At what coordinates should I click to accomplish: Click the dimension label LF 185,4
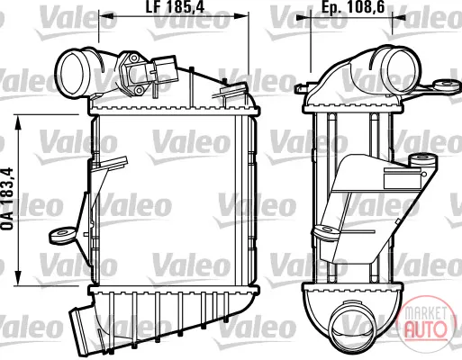(x=175, y=6)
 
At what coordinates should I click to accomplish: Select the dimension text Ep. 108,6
(x=353, y=6)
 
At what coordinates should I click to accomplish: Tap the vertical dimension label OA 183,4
(x=7, y=199)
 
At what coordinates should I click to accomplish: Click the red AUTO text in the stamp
(x=424, y=328)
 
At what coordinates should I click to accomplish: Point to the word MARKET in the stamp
(x=425, y=313)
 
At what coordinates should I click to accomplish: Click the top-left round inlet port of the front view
(x=71, y=73)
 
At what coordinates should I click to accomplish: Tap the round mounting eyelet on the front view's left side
(x=61, y=235)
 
